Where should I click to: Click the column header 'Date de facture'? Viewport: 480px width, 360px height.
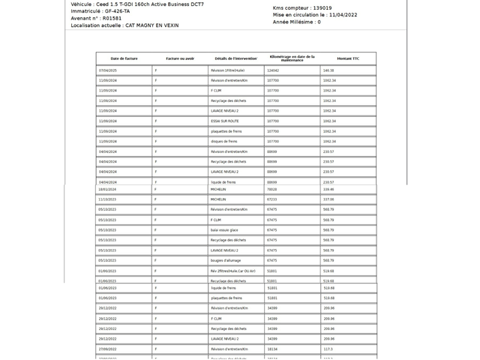[x=124, y=58]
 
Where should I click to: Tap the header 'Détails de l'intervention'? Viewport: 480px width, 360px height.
[x=235, y=58]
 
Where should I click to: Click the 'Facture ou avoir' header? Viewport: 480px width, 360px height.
[x=180, y=58]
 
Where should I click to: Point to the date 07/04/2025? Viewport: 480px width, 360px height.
[x=108, y=70]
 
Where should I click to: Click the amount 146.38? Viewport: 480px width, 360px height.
[x=328, y=70]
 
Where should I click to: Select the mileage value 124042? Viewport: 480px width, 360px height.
[x=273, y=70]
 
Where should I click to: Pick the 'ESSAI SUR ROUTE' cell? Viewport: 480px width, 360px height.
[x=224, y=121]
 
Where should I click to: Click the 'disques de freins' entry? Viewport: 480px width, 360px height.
[x=224, y=141]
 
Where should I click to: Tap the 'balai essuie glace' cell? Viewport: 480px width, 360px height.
[x=225, y=229]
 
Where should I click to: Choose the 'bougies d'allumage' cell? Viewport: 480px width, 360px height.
[x=226, y=260]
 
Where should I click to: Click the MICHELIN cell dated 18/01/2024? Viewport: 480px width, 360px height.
[x=218, y=190]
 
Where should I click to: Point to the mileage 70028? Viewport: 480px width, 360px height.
[x=271, y=190]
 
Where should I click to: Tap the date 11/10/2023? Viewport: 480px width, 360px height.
[x=107, y=199]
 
